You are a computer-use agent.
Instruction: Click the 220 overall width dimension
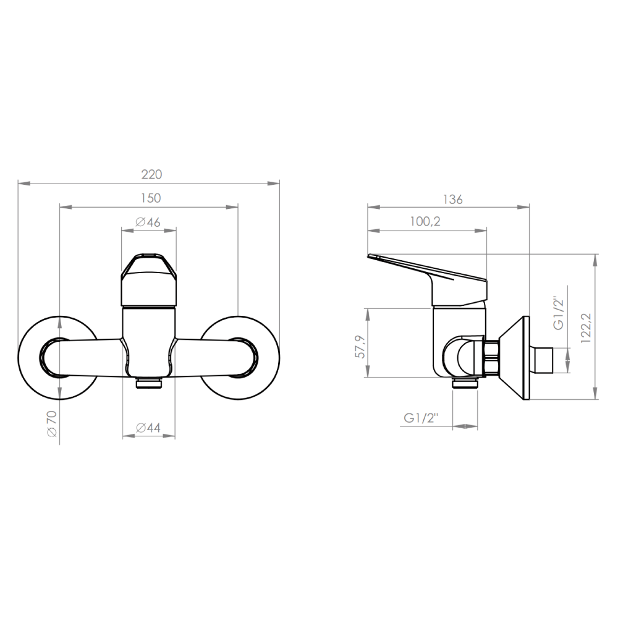[x=152, y=174]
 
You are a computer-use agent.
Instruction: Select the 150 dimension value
[x=151, y=198]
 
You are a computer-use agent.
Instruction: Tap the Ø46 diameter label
[x=148, y=222]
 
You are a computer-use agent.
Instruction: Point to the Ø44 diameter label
[x=148, y=428]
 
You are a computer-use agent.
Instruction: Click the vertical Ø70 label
[x=52, y=423]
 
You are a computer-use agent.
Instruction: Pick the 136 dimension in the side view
[x=452, y=200]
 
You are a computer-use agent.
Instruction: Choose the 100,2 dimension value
[x=425, y=221]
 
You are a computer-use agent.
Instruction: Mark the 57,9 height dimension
[x=360, y=347]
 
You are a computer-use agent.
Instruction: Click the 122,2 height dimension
[x=586, y=328]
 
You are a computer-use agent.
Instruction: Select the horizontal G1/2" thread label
[x=421, y=418]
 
